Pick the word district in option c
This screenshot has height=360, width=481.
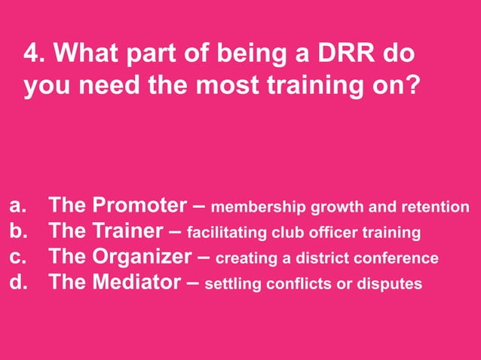[323, 258]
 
